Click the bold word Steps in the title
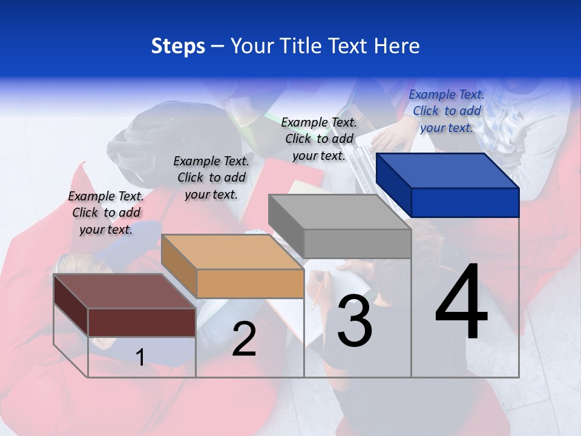(178, 46)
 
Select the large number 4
(461, 303)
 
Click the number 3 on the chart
(355, 322)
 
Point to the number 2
(244, 340)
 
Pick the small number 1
(140, 358)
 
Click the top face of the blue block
(447, 170)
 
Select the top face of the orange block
(232, 251)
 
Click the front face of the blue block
(465, 202)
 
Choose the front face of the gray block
(357, 243)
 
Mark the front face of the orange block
(250, 283)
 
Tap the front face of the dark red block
(142, 322)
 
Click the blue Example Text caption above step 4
(447, 111)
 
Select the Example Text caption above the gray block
(319, 139)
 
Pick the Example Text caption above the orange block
(211, 177)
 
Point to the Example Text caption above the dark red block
(106, 213)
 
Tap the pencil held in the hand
(317, 291)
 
